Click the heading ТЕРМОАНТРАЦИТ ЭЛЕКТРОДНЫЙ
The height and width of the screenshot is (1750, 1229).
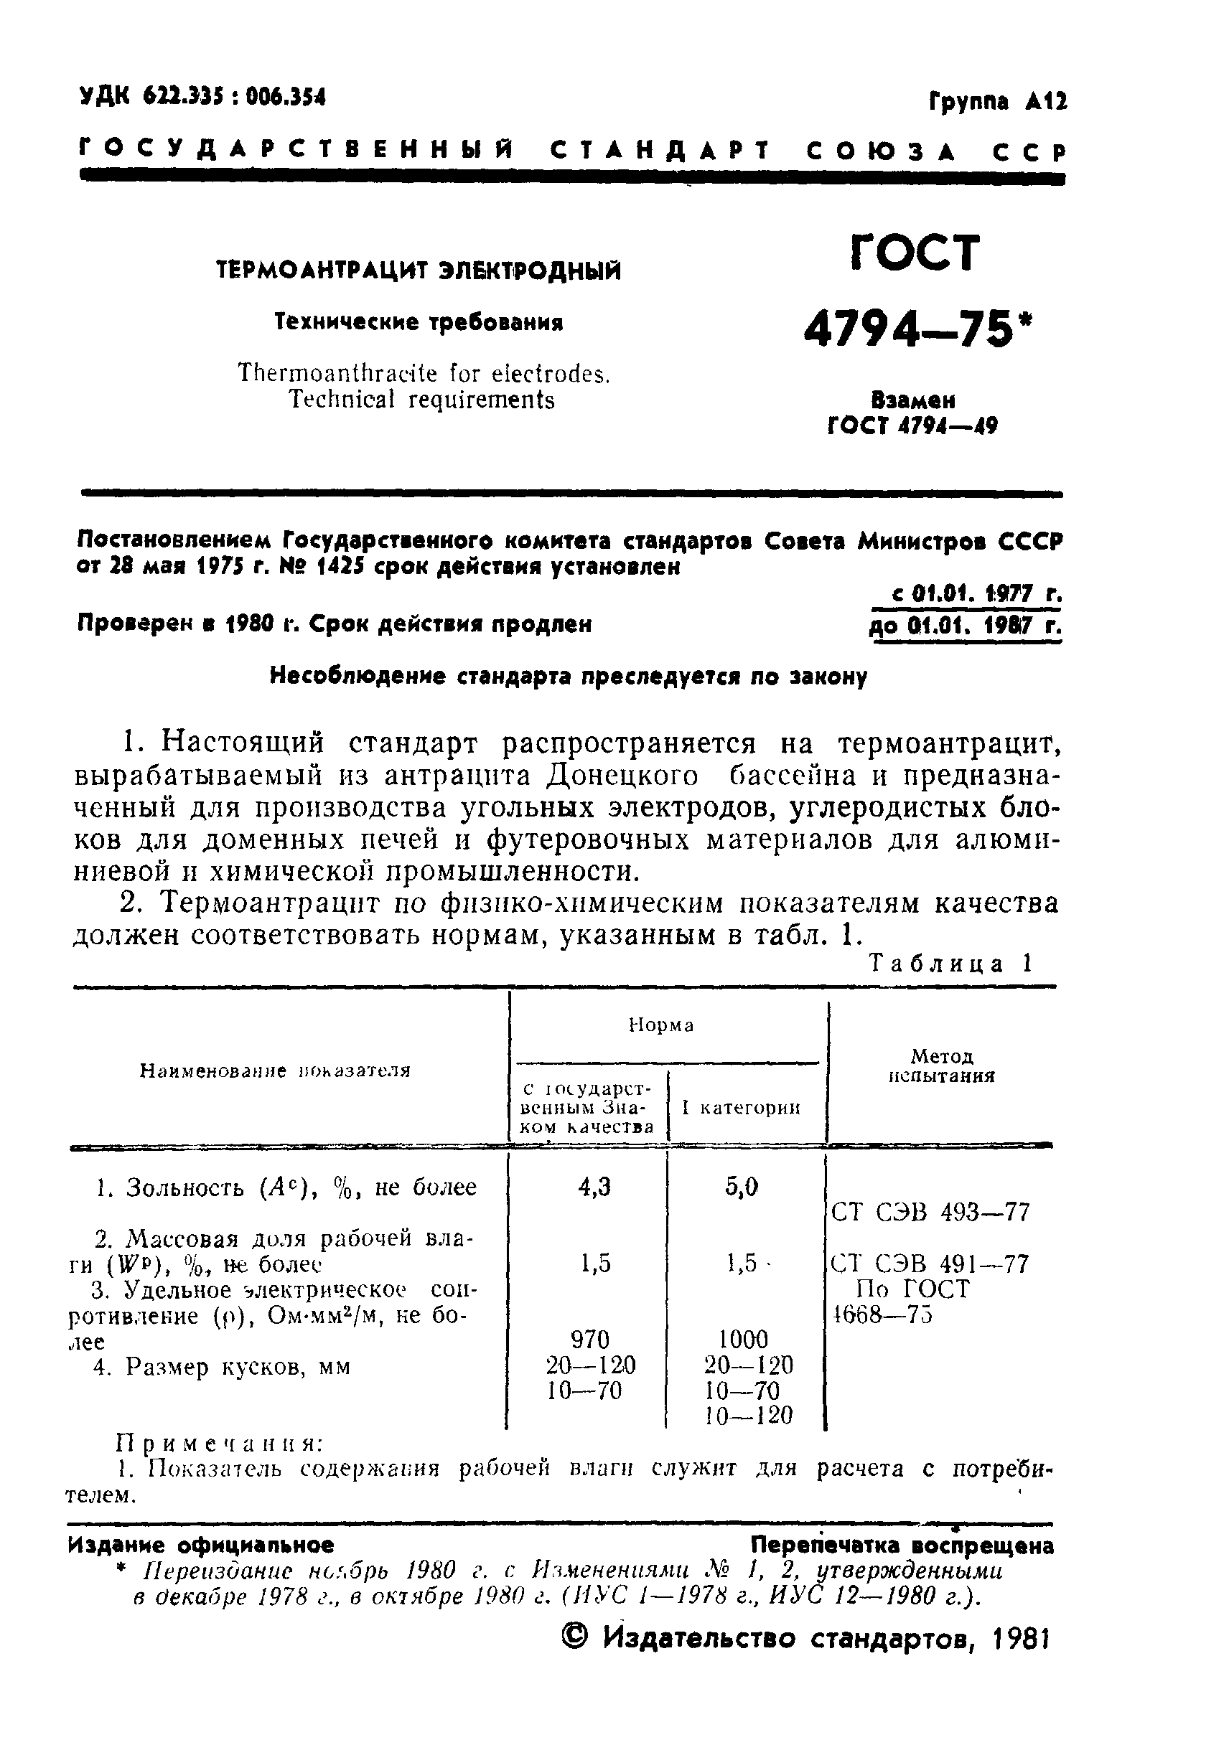click(419, 271)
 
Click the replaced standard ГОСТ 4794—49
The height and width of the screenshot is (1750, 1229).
click(912, 425)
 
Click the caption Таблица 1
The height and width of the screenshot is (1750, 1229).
click(950, 964)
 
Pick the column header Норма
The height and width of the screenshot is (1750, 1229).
click(661, 1025)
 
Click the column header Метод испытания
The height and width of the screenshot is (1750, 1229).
click(943, 1065)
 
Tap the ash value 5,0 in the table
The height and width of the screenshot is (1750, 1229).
click(742, 1187)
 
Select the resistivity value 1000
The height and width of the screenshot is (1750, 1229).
click(743, 1338)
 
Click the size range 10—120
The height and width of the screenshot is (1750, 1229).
click(748, 1416)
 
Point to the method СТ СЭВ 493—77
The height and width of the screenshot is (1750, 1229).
click(930, 1212)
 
